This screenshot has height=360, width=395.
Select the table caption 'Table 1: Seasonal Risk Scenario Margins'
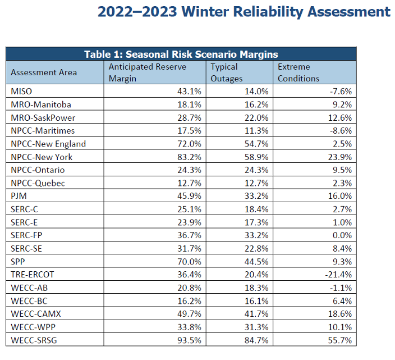[181, 54]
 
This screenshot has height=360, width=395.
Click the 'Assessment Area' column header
[44, 72]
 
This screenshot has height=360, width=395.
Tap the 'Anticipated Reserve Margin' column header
[148, 72]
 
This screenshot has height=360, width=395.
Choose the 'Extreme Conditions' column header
[298, 72]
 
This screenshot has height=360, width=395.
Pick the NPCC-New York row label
[42, 157]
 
